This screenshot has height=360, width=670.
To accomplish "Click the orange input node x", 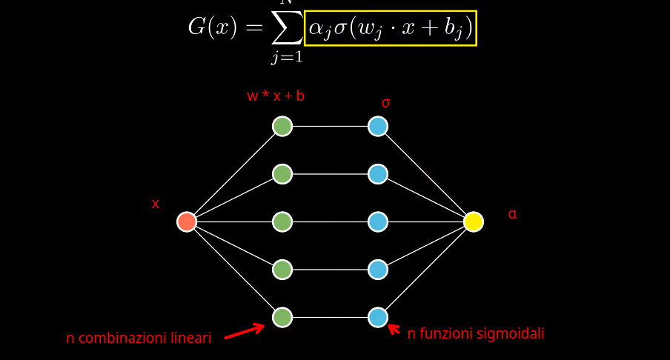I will click(187, 221).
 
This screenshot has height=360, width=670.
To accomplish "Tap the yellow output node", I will click(474, 221).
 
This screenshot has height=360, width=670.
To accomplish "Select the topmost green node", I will click(282, 127).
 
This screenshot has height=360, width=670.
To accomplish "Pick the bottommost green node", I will click(282, 317).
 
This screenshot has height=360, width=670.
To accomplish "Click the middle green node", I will click(282, 221).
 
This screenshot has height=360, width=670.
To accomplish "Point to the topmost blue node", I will click(378, 127).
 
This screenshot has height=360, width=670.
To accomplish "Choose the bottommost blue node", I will click(378, 317).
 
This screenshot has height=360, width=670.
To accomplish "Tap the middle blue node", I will click(378, 221).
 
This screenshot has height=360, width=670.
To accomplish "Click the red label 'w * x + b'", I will click(276, 96).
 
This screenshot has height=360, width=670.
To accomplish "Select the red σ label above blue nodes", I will click(385, 103).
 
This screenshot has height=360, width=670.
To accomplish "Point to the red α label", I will click(512, 214).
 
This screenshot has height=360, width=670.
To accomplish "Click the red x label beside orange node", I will click(156, 204).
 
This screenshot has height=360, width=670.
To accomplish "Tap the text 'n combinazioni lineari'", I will click(139, 338).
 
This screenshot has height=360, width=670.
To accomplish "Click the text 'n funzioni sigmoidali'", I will click(476, 334).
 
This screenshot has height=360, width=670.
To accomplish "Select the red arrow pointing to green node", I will click(244, 330).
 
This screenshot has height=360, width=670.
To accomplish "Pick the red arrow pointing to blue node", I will click(394, 329).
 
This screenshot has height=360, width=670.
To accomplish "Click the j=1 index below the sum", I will click(286, 58).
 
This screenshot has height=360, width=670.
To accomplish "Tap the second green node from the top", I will click(282, 174).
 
